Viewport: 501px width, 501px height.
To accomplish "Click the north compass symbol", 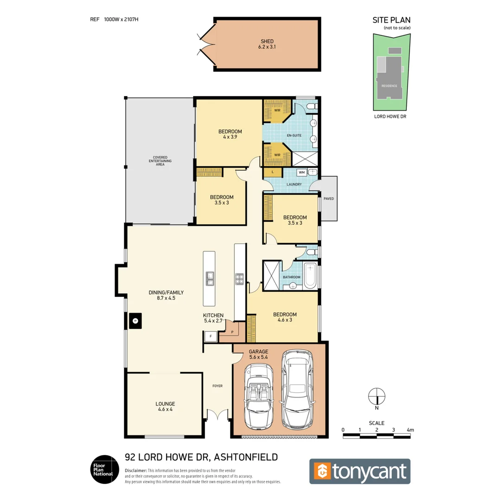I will click(x=377, y=396).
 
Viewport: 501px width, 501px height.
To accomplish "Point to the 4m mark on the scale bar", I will click(x=410, y=430).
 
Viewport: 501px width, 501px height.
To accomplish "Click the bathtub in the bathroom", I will click(x=310, y=274).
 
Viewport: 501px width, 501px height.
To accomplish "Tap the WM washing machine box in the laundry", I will click(x=302, y=173).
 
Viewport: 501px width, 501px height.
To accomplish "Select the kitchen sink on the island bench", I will click(x=210, y=278).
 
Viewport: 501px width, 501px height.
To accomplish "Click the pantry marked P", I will click(x=232, y=332).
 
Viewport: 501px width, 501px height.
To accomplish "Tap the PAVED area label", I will click(x=328, y=199).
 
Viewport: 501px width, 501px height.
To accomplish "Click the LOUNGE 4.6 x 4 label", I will click(x=165, y=406).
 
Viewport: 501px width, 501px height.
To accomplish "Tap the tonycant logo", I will click(x=360, y=471).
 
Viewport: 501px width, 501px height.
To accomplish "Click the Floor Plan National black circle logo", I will click(x=102, y=469).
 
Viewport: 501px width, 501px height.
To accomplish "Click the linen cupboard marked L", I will click(x=273, y=173).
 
